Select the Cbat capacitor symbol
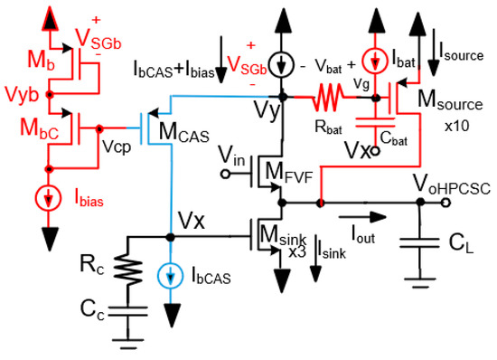(370, 120)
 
